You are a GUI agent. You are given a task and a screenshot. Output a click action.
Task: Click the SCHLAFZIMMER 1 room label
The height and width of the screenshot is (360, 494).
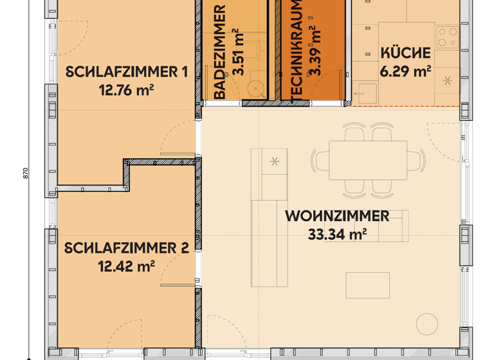click(x=126, y=71)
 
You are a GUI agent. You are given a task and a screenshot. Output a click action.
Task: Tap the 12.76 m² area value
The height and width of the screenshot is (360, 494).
click(x=126, y=90)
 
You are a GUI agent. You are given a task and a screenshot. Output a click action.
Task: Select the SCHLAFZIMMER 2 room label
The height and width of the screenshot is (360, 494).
click(x=127, y=248)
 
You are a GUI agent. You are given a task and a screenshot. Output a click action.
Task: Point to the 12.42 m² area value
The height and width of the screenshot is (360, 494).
click(x=126, y=265)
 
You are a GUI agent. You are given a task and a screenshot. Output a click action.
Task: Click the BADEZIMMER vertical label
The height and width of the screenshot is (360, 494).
click(x=219, y=52)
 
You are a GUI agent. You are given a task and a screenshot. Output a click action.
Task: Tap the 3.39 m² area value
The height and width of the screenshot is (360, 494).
click(x=316, y=51)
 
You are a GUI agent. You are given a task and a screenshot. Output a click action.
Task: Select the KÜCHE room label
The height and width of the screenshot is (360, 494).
click(x=405, y=53)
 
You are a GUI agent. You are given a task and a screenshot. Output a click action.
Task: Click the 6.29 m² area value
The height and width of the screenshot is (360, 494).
click(x=405, y=71)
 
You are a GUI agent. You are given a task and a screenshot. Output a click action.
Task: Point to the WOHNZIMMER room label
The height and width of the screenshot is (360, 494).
click(x=337, y=216)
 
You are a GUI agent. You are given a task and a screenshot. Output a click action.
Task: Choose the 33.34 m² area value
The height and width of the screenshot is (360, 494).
click(x=337, y=235)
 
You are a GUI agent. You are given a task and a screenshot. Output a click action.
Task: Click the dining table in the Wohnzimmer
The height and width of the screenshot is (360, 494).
click(x=368, y=160)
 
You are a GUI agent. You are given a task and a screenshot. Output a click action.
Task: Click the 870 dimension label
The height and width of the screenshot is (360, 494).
click(x=26, y=173)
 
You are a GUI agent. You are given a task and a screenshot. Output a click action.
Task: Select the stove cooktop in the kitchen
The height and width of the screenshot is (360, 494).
click(x=448, y=37)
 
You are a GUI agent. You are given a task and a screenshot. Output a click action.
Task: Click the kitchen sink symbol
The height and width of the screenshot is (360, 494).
click(x=367, y=93)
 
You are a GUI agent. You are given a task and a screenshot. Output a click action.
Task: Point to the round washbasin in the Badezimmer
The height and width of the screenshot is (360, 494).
click(x=258, y=87)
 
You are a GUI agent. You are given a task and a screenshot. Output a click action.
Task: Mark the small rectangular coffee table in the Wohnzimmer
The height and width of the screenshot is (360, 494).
click(x=367, y=285)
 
